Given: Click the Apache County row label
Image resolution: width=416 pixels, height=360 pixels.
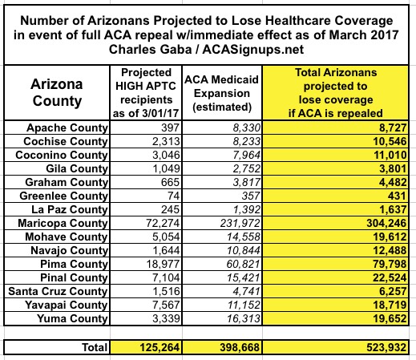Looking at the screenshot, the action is pos(67,127).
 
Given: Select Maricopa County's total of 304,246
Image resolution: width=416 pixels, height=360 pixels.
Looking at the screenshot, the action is pos(386,223).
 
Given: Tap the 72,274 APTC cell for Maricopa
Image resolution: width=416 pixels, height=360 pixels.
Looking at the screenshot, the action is pos(163,223).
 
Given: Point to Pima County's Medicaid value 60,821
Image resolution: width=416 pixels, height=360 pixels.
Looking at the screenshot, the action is pos(243,264).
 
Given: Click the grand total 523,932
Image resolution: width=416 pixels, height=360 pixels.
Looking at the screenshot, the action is pos(386,347).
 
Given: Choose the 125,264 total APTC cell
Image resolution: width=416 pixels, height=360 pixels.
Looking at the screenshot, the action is pos(160,347).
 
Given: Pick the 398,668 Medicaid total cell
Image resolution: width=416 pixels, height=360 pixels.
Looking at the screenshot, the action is pos(240,347).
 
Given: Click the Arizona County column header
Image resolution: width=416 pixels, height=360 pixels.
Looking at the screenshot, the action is pos(57,92).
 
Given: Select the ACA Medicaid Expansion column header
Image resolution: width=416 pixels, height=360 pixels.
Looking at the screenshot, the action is pos(222,93).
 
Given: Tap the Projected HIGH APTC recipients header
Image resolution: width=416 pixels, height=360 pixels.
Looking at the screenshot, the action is pos(146,93).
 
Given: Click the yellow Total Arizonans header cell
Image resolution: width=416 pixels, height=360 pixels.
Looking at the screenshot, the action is pos(336,93).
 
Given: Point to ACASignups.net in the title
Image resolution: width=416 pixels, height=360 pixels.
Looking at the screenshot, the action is pos(253,50).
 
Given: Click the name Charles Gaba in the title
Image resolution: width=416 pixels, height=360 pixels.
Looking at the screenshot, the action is pos(151,50).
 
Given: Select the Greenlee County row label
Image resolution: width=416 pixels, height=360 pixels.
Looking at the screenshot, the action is pos(63,196).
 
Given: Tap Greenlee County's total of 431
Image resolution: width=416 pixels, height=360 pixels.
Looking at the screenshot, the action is pos(397,196).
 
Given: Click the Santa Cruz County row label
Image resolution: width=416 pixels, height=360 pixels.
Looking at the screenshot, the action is pos(58,291).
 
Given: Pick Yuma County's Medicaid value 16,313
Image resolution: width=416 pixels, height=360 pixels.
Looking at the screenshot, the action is pos(243,318).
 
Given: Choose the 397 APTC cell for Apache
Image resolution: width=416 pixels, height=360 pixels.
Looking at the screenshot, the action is pos(170,127).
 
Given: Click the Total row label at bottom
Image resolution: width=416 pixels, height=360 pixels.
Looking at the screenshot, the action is pos(95,347).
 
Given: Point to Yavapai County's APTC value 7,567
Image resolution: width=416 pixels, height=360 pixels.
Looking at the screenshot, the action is pos(166,305).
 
